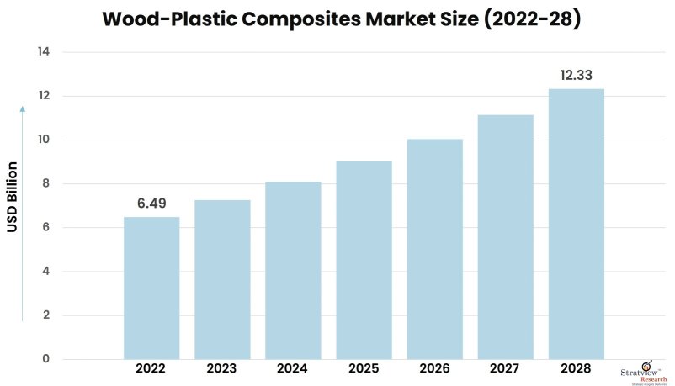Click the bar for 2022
(x=151, y=288)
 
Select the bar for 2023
(x=222, y=279)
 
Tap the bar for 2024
(x=293, y=270)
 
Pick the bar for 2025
(x=364, y=260)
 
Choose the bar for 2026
(x=434, y=249)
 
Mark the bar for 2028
(x=576, y=224)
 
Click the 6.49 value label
(x=151, y=204)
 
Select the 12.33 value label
(x=577, y=76)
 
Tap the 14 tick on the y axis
(x=43, y=52)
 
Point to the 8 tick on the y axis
(x=46, y=183)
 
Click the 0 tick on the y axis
(x=46, y=359)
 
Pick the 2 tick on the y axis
(x=46, y=315)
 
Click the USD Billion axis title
(x=13, y=197)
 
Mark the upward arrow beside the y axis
(x=22, y=210)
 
